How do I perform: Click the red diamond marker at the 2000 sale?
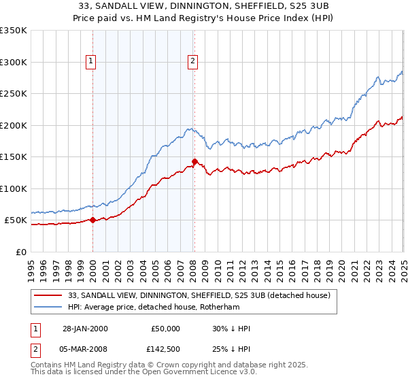tap(92, 220)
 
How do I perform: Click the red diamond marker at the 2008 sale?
tap(194, 162)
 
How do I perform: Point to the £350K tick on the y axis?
tap(14, 31)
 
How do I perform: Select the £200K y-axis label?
tap(14, 125)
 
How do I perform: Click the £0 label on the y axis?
tap(21, 252)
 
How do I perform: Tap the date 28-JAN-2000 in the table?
tap(85, 329)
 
